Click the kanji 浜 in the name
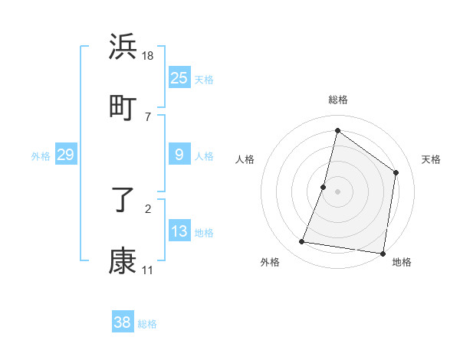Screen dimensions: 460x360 pyautogui.click(x=123, y=47)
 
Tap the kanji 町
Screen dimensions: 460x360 pyautogui.click(x=123, y=106)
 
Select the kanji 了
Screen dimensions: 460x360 pyautogui.click(x=123, y=201)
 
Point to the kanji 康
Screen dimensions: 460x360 pyautogui.click(x=123, y=260)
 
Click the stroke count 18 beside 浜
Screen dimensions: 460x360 pyautogui.click(x=149, y=56)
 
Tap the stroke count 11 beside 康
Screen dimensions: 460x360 pyautogui.click(x=147, y=270)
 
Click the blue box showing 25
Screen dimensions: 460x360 pyautogui.click(x=179, y=78)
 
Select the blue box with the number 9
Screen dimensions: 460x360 pyautogui.click(x=179, y=155)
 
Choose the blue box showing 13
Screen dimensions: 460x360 pyautogui.click(x=179, y=231)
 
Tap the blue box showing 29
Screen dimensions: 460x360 pyautogui.click(x=66, y=155)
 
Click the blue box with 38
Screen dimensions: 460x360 pyautogui.click(x=123, y=322)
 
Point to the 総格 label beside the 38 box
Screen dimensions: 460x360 pyautogui.click(x=147, y=324)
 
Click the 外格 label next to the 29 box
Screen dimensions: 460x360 pyautogui.click(x=41, y=156)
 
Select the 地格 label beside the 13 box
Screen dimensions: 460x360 pyautogui.click(x=204, y=233)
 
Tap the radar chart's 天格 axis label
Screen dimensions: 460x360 pyautogui.click(x=431, y=159)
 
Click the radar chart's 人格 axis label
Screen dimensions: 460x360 pyautogui.click(x=245, y=159)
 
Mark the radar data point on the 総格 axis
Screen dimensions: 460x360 pyautogui.click(x=337, y=130)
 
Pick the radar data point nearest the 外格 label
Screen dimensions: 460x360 pyautogui.click(x=302, y=242)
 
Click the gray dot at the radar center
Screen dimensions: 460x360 pyautogui.click(x=338, y=191)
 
